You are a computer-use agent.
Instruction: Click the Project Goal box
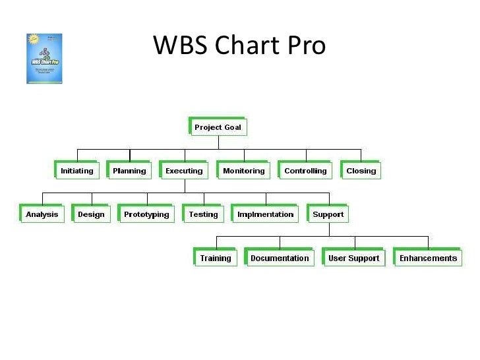[x=218, y=127]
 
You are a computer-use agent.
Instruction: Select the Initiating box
[x=76, y=171]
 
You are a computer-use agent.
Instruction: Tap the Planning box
[x=129, y=171]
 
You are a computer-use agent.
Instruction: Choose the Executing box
[x=184, y=171]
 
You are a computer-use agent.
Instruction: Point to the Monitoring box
[x=243, y=171]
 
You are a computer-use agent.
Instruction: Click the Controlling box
[x=305, y=171]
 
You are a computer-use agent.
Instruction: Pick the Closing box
[x=361, y=171]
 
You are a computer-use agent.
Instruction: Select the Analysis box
[x=42, y=214]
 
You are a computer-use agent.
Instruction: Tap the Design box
[x=91, y=214]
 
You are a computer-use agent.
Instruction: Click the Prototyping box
[x=146, y=214]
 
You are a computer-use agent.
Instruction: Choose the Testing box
[x=203, y=214]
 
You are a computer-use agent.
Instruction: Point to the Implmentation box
[x=265, y=214]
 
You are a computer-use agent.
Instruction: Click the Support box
[x=328, y=214]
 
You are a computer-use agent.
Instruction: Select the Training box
[x=216, y=258]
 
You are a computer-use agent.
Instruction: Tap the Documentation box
[x=280, y=258]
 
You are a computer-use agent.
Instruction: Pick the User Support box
[x=353, y=258]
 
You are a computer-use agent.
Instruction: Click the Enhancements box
[x=428, y=258]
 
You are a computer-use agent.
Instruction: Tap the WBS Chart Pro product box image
[x=44, y=59]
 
